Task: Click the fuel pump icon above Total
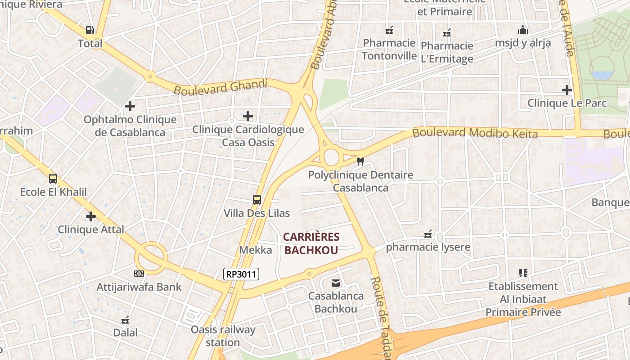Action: pyautogui.click(x=90, y=30)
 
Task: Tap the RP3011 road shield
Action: pyautogui.click(x=242, y=274)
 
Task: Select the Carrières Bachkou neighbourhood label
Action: pyautogui.click(x=311, y=243)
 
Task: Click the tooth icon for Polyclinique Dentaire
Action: pyautogui.click(x=360, y=161)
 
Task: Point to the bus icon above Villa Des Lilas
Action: pyautogui.click(x=257, y=199)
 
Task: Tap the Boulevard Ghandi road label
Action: pyautogui.click(x=220, y=86)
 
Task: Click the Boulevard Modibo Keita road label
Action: pyautogui.click(x=475, y=133)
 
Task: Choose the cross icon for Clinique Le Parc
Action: pyautogui.click(x=567, y=90)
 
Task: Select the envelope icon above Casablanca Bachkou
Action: pyautogui.click(x=336, y=283)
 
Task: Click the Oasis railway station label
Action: pyautogui.click(x=223, y=336)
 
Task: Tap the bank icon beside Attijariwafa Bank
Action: pyautogui.click(x=139, y=273)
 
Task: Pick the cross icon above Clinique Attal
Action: pyautogui.click(x=91, y=216)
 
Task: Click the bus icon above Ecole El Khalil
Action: pyautogui.click(x=53, y=179)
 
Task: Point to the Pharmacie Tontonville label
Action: pyautogui.click(x=389, y=49)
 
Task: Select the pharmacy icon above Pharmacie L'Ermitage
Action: pyautogui.click(x=447, y=32)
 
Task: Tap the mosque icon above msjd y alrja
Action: pyautogui.click(x=523, y=30)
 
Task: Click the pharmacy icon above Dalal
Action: pyautogui.click(x=126, y=320)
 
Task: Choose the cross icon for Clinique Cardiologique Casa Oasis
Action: pyautogui.click(x=248, y=116)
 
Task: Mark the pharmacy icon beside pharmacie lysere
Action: pyautogui.click(x=428, y=234)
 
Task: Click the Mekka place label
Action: pyautogui.click(x=256, y=250)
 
